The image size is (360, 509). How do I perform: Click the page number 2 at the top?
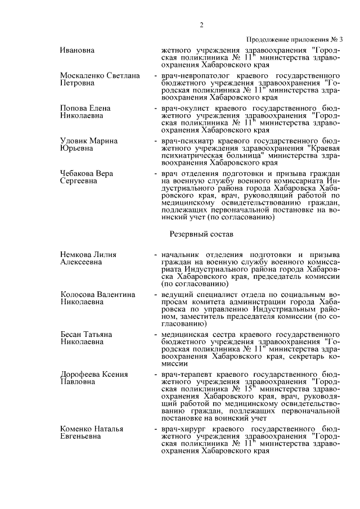pyautogui.click(x=201, y=25)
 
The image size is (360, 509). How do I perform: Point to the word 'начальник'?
pyautogui.click(x=181, y=254)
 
